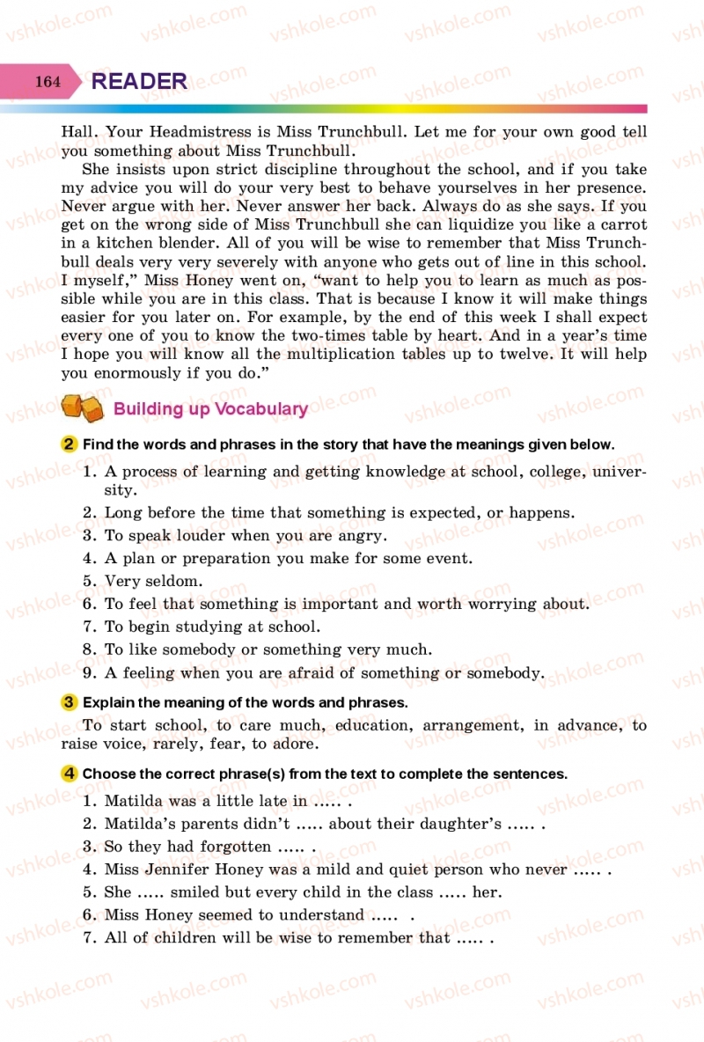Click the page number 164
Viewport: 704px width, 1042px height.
48,82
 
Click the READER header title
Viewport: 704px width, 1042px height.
139,82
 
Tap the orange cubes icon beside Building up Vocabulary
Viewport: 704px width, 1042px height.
82,408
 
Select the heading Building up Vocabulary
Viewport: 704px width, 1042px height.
210,408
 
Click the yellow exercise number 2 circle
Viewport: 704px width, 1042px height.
70,444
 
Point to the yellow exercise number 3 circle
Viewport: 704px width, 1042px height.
70,702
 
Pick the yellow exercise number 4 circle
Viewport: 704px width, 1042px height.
70,774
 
